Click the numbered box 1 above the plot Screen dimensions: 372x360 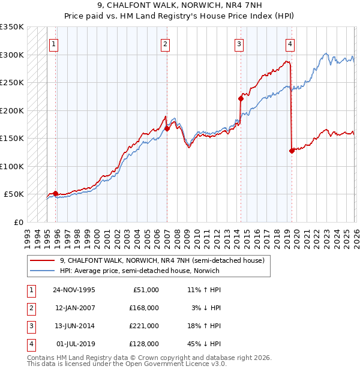point(54,43)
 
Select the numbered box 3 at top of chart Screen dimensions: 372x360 point(239,43)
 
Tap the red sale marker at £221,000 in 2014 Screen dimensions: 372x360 point(241,98)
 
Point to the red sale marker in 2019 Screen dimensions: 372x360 point(292,151)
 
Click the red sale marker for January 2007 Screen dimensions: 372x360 point(167,128)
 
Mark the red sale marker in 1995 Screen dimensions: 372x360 point(56,193)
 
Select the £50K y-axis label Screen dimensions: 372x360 point(14,194)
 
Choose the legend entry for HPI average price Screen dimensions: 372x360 point(139,271)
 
